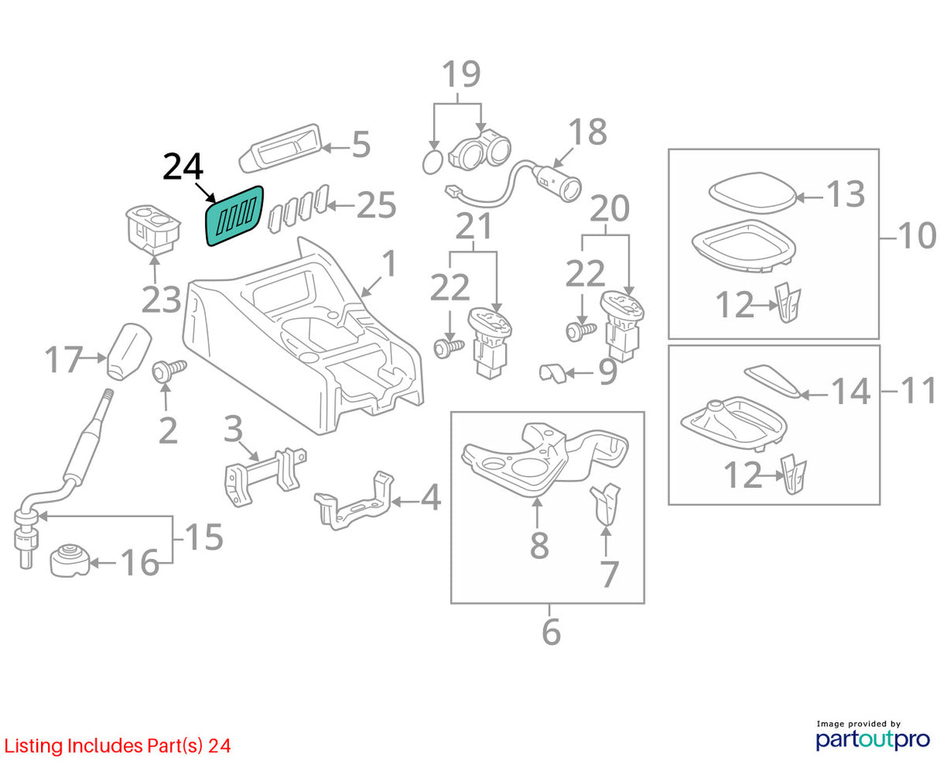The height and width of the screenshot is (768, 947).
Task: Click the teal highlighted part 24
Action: click(x=234, y=216)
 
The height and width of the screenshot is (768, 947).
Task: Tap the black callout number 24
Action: click(x=183, y=167)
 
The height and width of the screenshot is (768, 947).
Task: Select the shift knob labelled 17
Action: click(x=129, y=352)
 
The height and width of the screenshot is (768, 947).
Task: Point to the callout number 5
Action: click(x=361, y=144)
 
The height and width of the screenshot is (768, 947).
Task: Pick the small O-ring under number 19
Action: click(x=432, y=163)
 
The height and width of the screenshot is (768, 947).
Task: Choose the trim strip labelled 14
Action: click(x=772, y=381)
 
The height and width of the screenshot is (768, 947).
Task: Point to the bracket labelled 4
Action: click(x=354, y=501)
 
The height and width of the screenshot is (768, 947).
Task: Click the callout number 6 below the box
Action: click(x=552, y=631)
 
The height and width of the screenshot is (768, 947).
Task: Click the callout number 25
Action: click(x=376, y=205)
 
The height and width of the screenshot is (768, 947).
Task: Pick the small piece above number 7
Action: click(x=605, y=504)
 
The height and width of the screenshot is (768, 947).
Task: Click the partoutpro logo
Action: click(x=873, y=739)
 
